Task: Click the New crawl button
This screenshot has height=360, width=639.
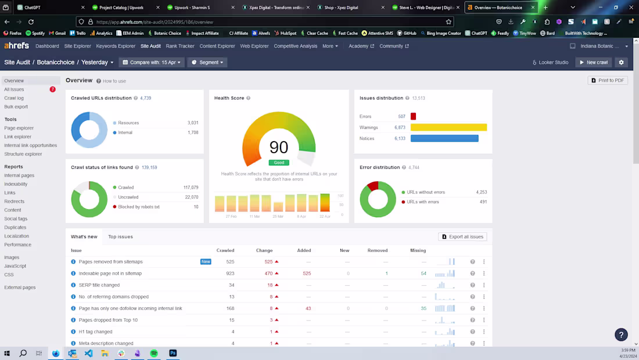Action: pos(594,62)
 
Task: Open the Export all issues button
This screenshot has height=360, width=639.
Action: pos(462,237)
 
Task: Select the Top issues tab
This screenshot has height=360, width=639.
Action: pos(120,237)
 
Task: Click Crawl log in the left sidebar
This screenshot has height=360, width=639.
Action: pos(14,98)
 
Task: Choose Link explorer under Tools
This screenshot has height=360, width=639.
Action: pos(18,136)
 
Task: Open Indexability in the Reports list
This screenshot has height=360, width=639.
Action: pos(16,184)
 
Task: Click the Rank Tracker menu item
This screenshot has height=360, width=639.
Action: pos(180,46)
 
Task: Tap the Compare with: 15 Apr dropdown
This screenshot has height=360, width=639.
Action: pos(151,62)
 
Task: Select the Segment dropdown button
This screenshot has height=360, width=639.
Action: pos(207,62)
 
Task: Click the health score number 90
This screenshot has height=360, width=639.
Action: pos(279,147)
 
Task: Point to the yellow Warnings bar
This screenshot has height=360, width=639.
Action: pos(448,127)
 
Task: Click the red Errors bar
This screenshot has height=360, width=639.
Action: pos(413,117)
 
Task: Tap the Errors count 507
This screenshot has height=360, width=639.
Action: pos(401,117)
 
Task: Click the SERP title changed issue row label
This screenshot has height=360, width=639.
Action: pos(99,285)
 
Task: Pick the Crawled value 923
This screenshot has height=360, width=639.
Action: pos(230,273)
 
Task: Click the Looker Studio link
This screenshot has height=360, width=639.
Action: pos(550,62)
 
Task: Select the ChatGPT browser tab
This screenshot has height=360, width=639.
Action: pos(32,8)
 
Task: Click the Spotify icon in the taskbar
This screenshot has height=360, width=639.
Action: pos(154,353)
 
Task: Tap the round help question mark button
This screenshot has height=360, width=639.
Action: pos(621,334)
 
